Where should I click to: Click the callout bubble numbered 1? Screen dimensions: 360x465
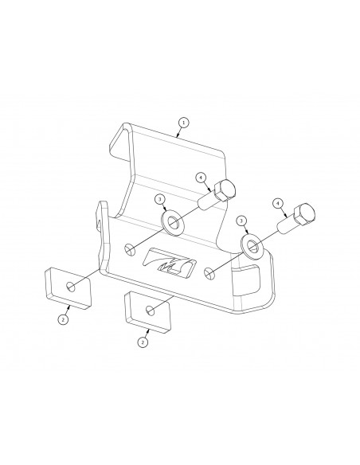[184, 122]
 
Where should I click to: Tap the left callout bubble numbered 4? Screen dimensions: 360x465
[202, 178]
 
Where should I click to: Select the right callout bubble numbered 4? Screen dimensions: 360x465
[278, 204]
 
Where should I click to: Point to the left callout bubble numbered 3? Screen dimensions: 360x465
[160, 200]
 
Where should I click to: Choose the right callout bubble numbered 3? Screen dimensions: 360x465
[241, 221]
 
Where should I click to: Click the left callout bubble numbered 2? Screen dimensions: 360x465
[63, 319]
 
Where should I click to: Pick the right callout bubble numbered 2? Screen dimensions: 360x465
[143, 342]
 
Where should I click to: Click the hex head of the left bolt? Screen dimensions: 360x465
[225, 190]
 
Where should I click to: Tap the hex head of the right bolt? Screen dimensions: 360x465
[304, 214]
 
